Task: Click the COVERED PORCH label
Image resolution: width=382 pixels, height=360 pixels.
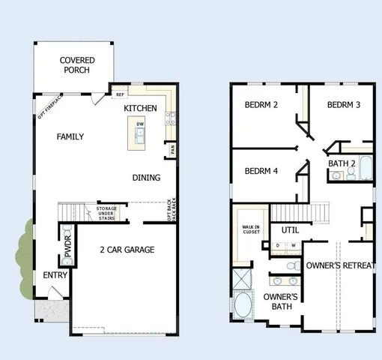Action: click(x=75, y=65)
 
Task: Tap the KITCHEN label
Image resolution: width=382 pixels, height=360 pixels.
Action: click(x=141, y=109)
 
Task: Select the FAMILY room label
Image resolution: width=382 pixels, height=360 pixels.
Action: click(x=70, y=136)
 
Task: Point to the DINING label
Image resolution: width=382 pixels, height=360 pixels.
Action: click(x=146, y=178)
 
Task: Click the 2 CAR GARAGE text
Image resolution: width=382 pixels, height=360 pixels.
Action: click(x=127, y=250)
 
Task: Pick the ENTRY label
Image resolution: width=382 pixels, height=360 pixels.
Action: click(x=55, y=275)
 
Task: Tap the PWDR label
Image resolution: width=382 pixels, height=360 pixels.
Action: click(x=68, y=248)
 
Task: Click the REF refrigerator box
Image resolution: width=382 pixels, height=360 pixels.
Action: click(x=119, y=94)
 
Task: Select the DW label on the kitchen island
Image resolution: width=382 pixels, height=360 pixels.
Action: click(x=140, y=124)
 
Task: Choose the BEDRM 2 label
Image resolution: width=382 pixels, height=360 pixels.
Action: click(x=261, y=105)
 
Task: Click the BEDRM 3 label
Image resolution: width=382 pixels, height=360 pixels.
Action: click(x=344, y=105)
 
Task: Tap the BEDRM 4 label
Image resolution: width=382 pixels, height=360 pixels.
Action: click(x=261, y=171)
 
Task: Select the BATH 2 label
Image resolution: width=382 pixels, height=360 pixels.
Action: click(x=343, y=163)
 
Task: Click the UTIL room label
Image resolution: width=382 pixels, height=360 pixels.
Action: click(x=290, y=229)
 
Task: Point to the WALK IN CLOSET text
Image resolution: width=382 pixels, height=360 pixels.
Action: click(x=249, y=229)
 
